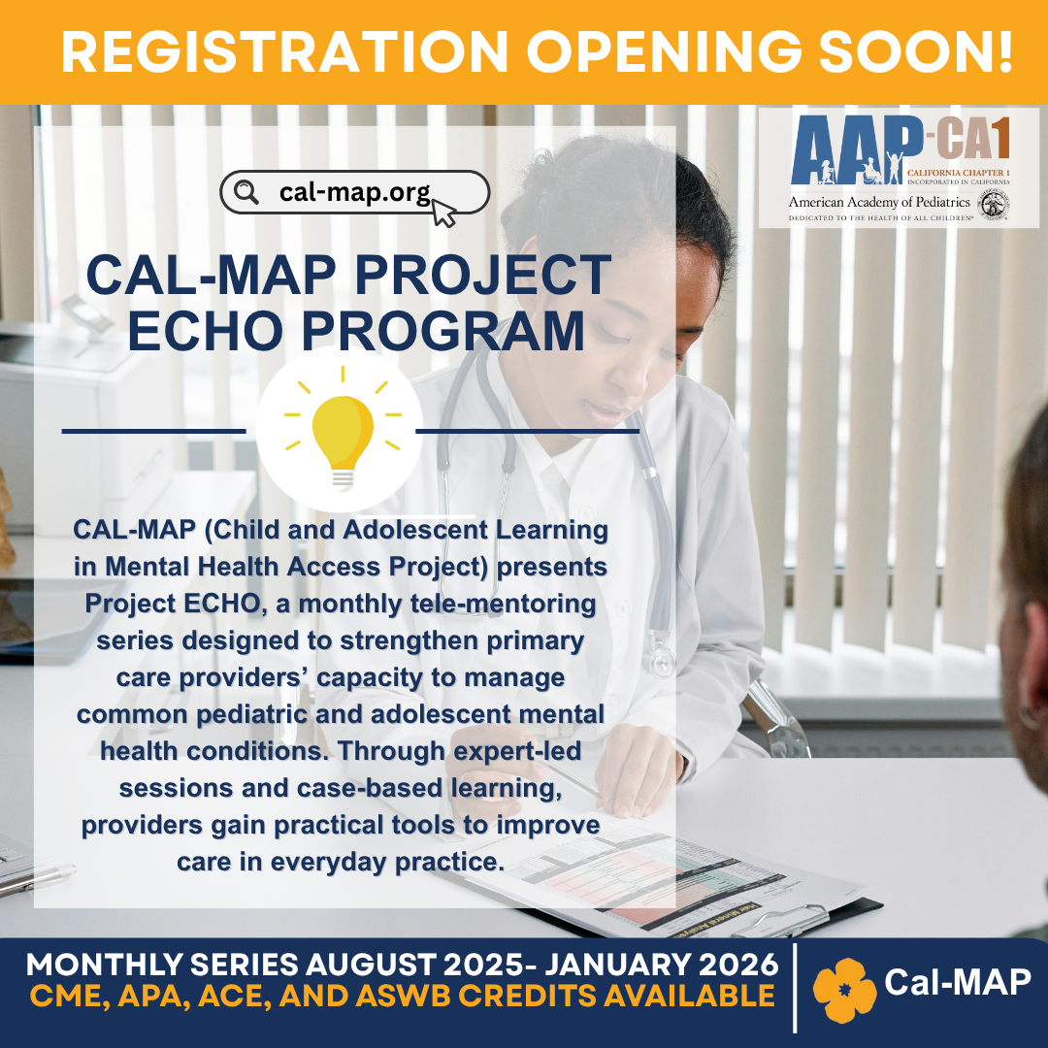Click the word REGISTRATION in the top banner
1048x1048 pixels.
pyautogui.click(x=284, y=52)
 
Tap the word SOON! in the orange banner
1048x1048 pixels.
pyautogui.click(x=916, y=52)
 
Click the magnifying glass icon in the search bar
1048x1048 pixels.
pyautogui.click(x=246, y=192)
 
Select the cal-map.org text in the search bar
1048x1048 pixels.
pyautogui.click(x=355, y=192)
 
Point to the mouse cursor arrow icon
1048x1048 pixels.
pyautogui.click(x=443, y=213)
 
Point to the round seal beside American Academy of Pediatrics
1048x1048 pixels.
pyautogui.click(x=994, y=205)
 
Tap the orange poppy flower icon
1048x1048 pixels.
pyautogui.click(x=844, y=991)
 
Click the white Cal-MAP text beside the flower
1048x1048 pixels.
pyautogui.click(x=958, y=982)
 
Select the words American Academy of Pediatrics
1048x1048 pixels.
pyautogui.click(x=879, y=202)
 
